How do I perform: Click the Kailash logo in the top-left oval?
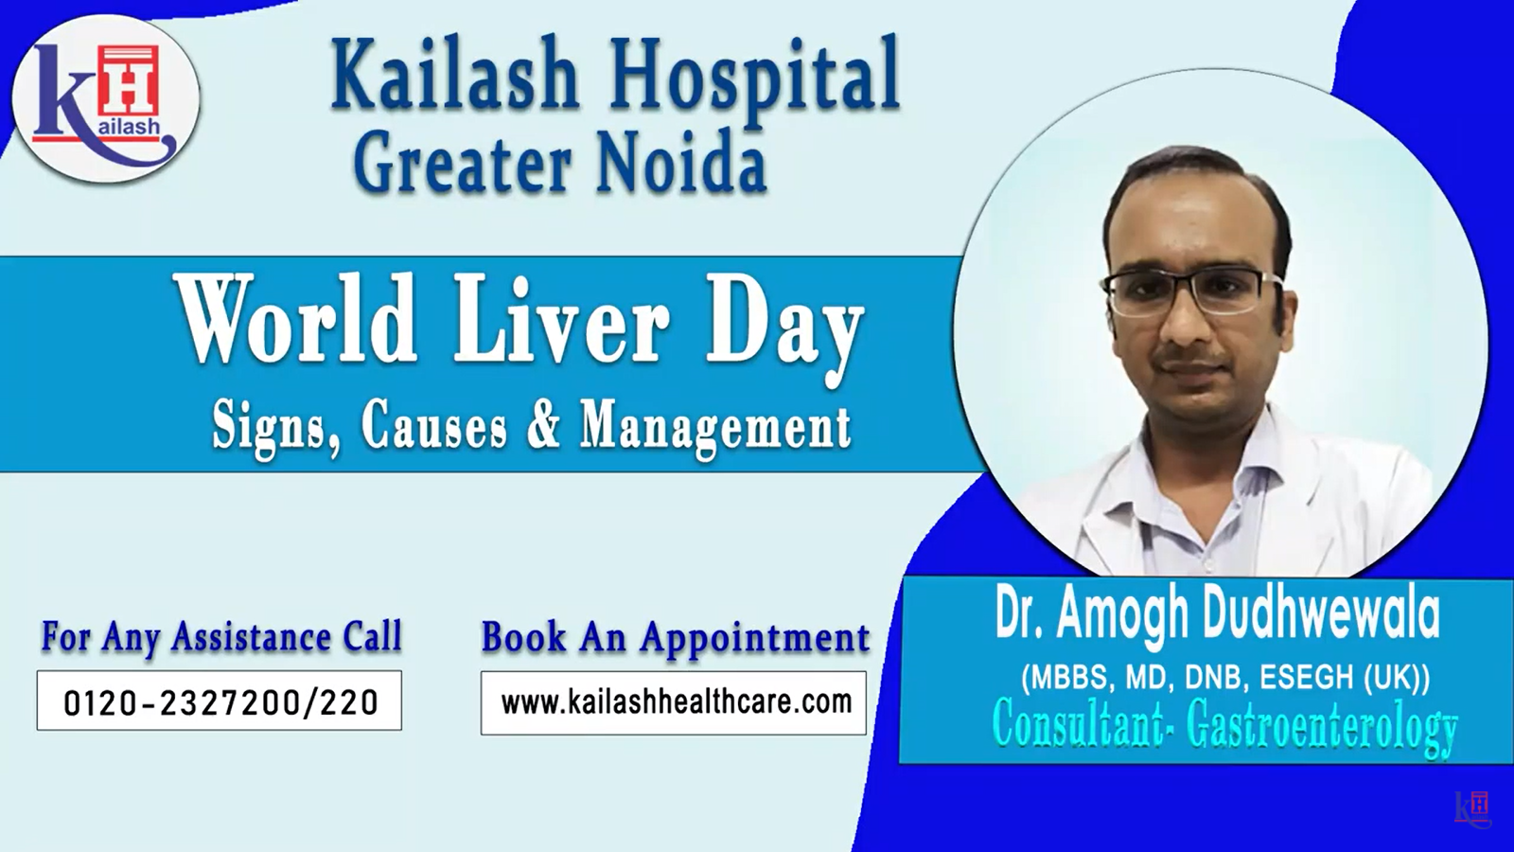click(105, 98)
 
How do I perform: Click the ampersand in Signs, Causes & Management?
click(544, 426)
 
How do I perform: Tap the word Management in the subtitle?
click(716, 430)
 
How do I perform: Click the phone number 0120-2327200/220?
click(220, 702)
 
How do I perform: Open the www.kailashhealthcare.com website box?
click(673, 702)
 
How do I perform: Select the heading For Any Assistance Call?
click(221, 636)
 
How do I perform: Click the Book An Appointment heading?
click(676, 638)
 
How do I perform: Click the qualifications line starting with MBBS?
click(1225, 678)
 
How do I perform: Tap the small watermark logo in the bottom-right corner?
click(1473, 808)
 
